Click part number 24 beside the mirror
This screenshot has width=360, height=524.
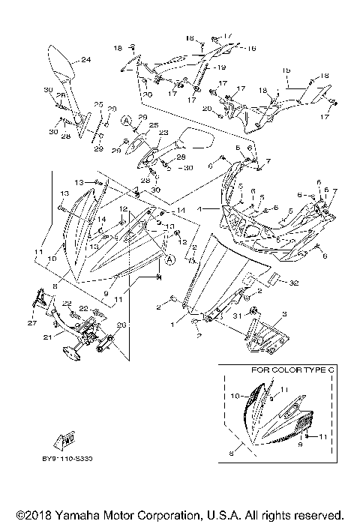click(85, 60)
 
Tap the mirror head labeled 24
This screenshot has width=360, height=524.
click(60, 63)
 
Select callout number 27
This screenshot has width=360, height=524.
click(32, 323)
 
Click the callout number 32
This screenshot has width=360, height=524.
click(293, 283)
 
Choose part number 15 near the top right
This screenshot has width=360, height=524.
click(286, 70)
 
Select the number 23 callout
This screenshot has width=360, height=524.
click(162, 130)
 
